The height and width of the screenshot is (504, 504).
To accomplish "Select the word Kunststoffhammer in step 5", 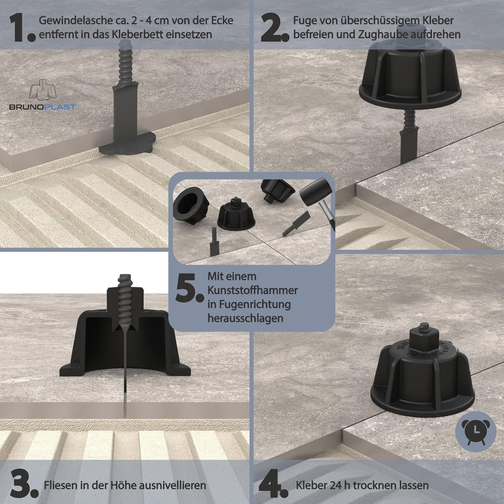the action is pos(253,291).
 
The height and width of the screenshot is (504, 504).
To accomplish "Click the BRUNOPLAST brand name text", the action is pos(43,107).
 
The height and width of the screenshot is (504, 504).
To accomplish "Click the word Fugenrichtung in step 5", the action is pos(249,305).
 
